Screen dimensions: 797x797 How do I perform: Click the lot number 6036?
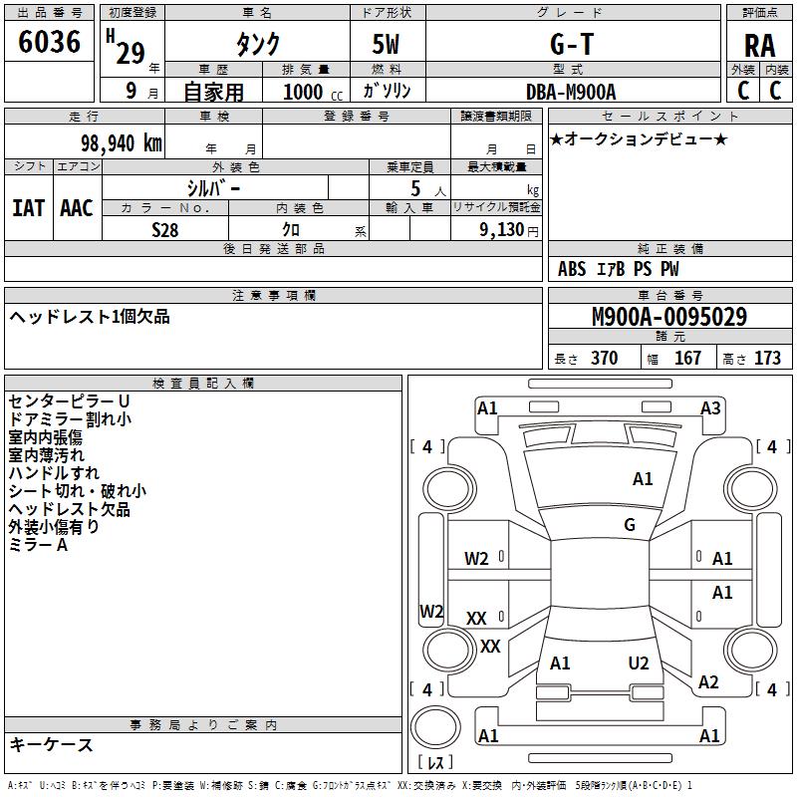click(50, 42)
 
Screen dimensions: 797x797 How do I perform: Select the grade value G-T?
click(572, 44)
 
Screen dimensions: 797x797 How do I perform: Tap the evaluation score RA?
click(759, 46)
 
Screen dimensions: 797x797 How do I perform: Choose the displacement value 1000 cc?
click(305, 92)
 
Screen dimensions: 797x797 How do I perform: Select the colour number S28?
click(165, 230)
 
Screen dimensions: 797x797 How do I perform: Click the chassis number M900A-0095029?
click(669, 318)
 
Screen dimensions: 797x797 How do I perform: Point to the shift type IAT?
click(28, 208)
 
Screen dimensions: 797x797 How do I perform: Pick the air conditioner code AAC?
click(77, 208)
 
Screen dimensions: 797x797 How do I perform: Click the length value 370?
click(604, 359)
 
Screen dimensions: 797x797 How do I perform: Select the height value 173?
click(767, 359)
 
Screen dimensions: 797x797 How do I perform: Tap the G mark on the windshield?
click(629, 525)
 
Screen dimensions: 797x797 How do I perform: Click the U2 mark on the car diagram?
click(639, 664)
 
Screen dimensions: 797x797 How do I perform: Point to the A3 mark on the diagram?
click(710, 408)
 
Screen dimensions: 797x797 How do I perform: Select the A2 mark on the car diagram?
click(708, 682)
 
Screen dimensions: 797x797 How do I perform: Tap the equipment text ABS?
click(572, 269)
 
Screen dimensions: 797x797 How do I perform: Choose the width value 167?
click(687, 359)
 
